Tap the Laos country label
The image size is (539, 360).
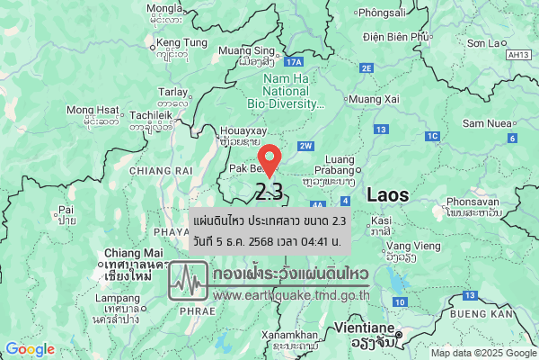pos(387,193)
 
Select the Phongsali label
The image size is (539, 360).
pos(384,13)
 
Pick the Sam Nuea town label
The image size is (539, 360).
pos(486,122)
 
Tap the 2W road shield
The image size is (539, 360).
pos(305,146)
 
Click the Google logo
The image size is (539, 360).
pos(30,349)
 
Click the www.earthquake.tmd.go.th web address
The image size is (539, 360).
pos(292,294)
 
